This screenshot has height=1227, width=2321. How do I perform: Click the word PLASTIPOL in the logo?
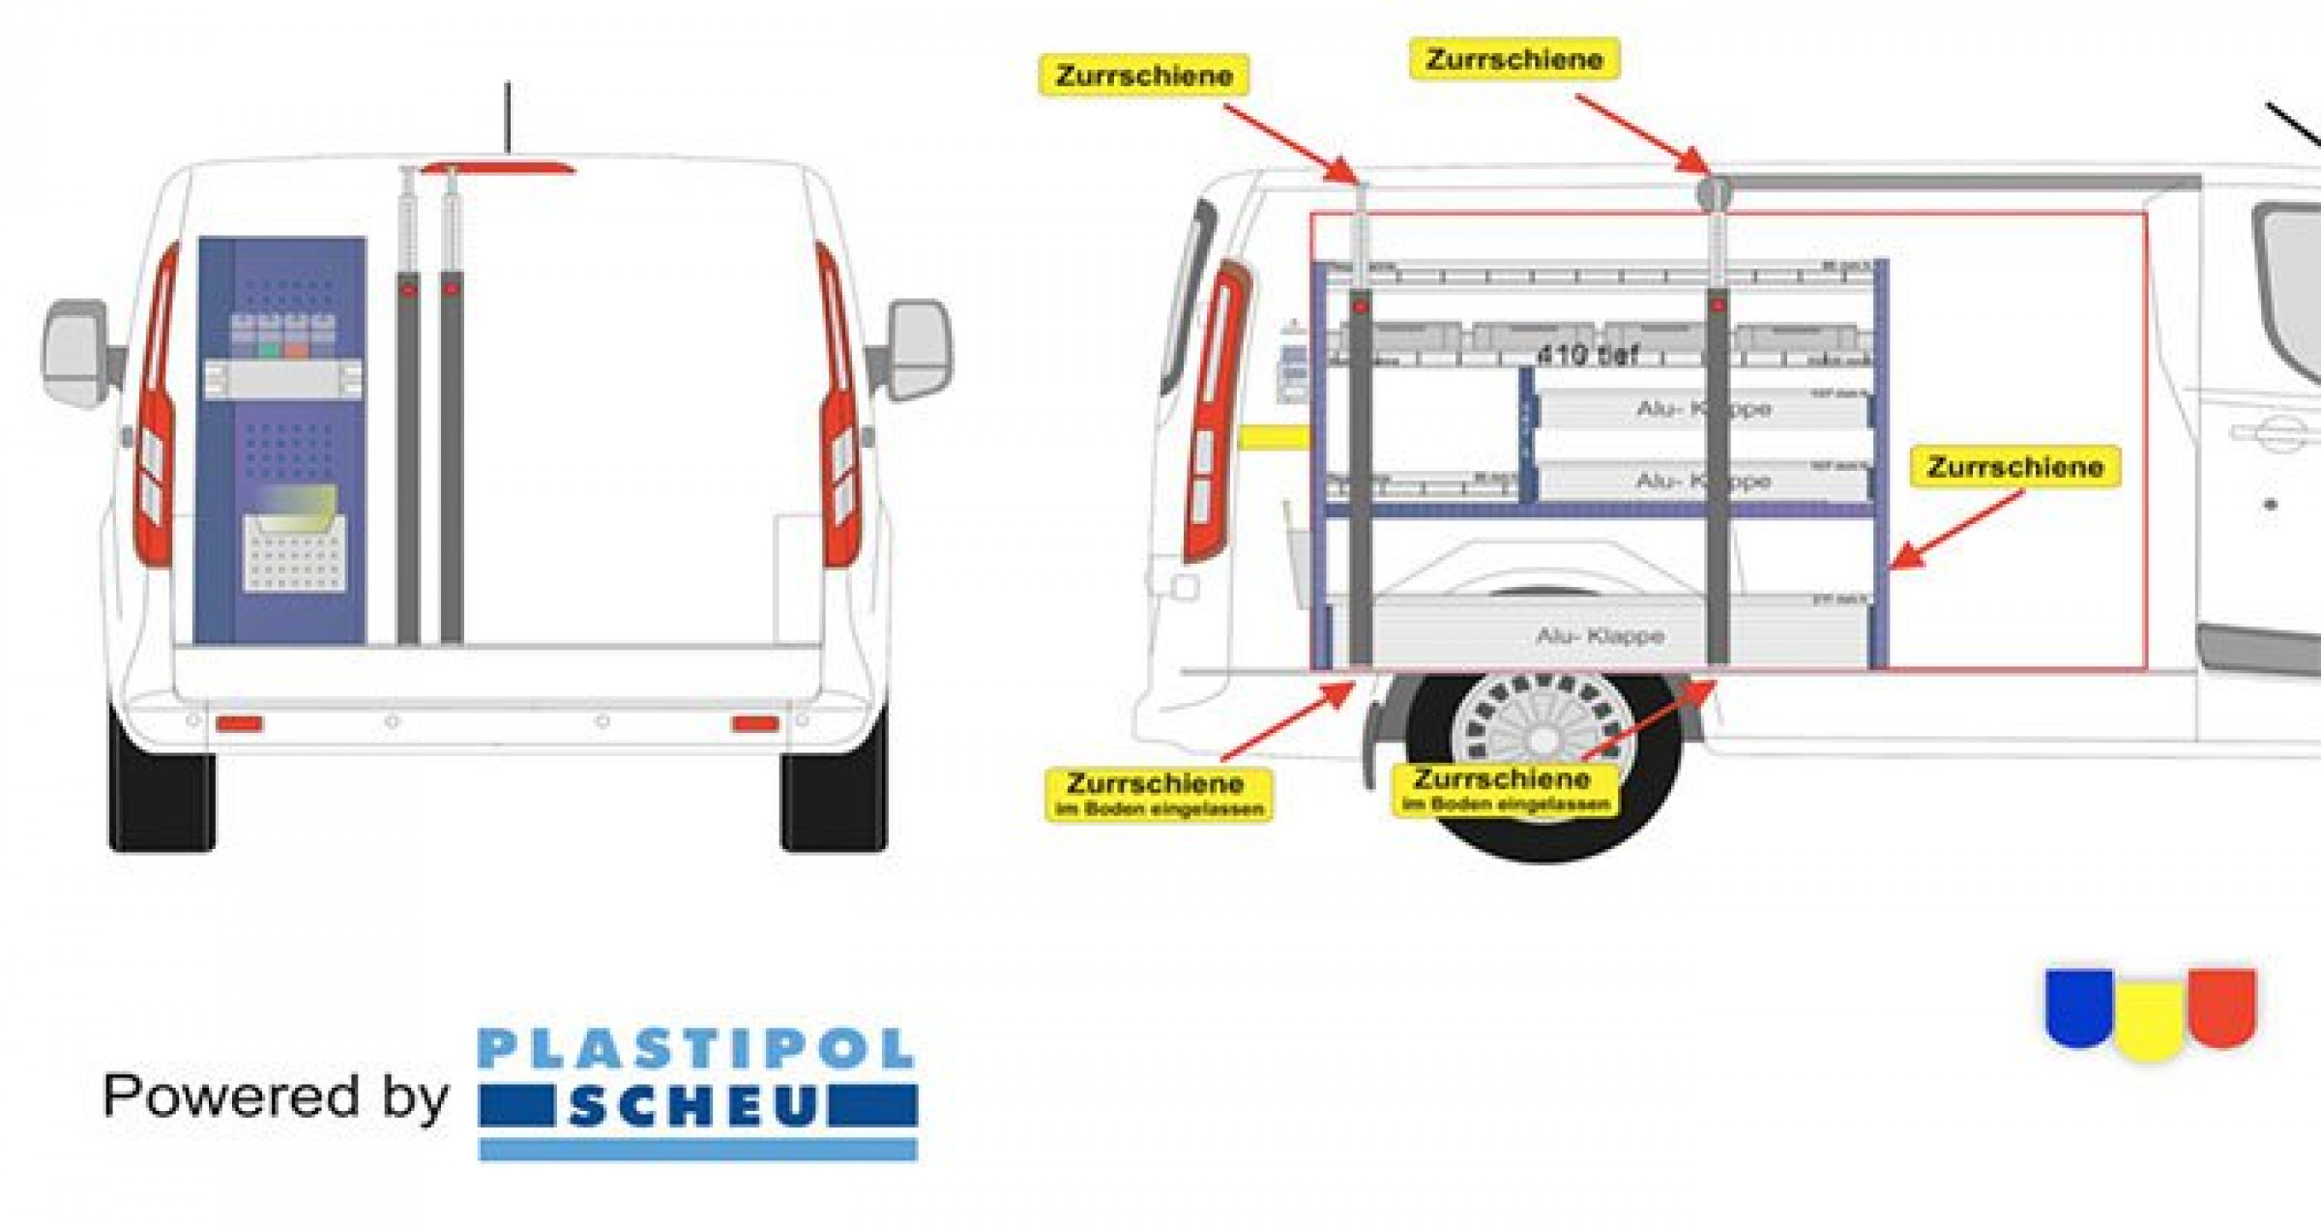[696, 1049]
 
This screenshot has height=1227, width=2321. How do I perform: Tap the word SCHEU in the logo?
[694, 1106]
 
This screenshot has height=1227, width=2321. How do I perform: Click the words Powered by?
[276, 1096]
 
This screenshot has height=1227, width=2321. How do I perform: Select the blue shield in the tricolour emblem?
[2078, 1006]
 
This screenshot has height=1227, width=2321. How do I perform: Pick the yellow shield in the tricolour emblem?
[2149, 1021]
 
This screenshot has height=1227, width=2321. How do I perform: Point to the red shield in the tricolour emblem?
[2221, 1006]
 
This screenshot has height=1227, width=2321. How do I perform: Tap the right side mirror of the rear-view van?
[917, 350]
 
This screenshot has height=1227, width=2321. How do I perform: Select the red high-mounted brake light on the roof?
[498, 169]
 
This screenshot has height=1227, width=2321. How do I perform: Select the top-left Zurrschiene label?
[1144, 75]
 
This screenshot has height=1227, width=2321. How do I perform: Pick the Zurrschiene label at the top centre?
[1514, 59]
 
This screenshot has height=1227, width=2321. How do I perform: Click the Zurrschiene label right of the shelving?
[2015, 467]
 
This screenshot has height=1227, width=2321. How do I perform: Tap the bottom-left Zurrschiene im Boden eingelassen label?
[1159, 793]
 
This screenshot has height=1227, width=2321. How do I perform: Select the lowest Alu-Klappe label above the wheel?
[1601, 635]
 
